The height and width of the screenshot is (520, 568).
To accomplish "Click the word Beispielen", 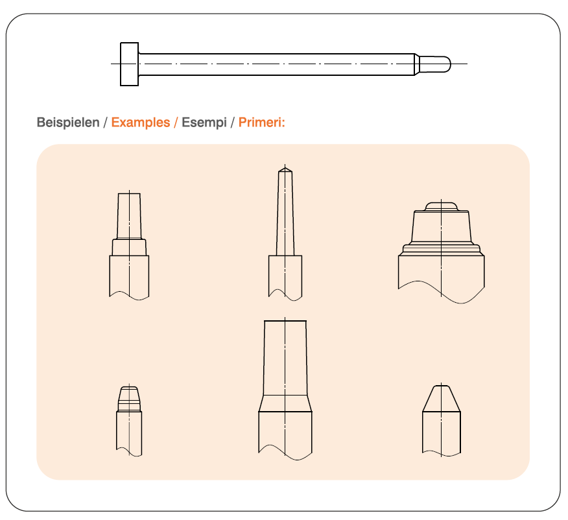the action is (x=68, y=123).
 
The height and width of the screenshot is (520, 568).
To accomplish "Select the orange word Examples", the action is (x=141, y=123).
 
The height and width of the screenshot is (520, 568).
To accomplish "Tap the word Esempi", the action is (x=204, y=123).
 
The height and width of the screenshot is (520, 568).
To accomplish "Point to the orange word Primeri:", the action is (x=262, y=123).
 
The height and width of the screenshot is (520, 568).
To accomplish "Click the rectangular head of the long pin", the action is (x=129, y=64).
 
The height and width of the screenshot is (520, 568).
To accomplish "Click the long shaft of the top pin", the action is (x=277, y=64).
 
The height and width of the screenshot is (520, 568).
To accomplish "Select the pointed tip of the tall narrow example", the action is (x=285, y=169).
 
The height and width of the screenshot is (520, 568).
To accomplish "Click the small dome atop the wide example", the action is (x=441, y=207).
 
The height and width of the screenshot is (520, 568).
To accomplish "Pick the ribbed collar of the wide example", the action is (x=442, y=249).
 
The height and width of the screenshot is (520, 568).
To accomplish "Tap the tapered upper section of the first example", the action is (x=129, y=216).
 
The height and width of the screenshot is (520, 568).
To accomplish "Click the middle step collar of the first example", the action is (x=129, y=247).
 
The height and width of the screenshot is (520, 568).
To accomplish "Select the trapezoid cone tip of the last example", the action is (x=441, y=399).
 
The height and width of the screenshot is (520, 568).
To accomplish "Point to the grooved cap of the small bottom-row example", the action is (x=129, y=399).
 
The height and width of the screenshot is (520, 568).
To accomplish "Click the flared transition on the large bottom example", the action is (x=285, y=403).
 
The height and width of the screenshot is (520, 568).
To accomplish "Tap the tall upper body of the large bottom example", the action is (x=285, y=357).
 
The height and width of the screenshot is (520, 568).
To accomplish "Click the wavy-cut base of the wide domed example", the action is (x=441, y=276).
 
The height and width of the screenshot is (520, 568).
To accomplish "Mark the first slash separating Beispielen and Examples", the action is (x=106, y=123).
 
